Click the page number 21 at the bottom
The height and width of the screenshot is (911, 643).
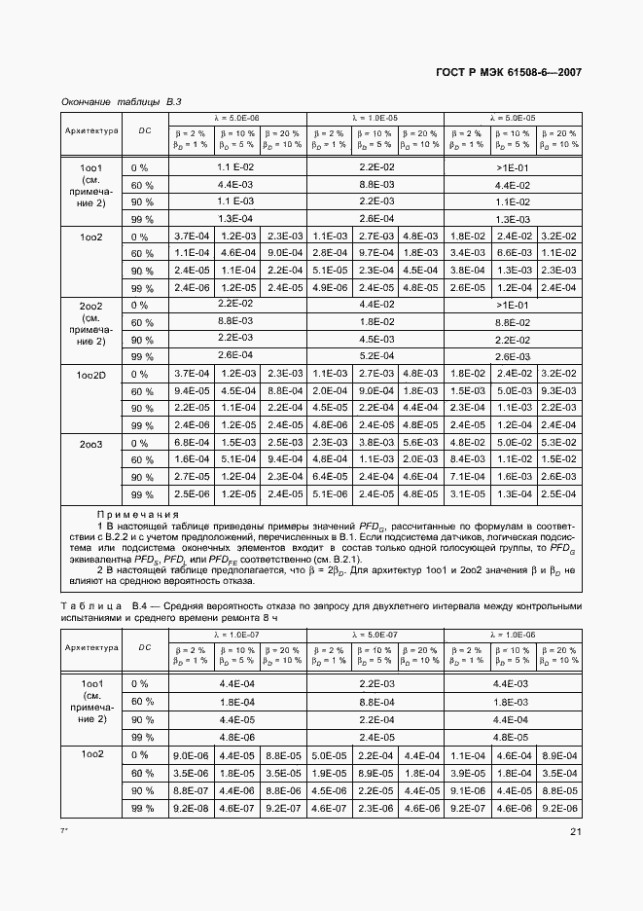point(575,830)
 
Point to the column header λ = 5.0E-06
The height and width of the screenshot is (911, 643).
point(237,117)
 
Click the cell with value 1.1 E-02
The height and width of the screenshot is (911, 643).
point(236,167)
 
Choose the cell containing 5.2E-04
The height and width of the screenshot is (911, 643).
point(375,356)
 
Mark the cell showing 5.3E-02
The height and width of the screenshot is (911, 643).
point(558,443)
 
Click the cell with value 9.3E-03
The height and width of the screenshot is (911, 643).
point(558,391)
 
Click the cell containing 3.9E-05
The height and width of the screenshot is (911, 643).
point(467,773)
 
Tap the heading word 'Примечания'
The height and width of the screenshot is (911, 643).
point(137,514)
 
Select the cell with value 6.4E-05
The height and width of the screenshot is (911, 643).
point(329,477)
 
